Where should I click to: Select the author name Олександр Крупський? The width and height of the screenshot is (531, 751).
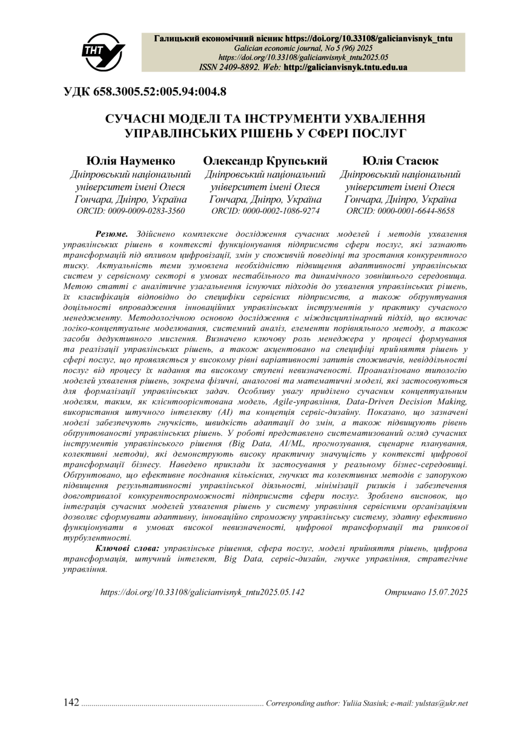(265, 161)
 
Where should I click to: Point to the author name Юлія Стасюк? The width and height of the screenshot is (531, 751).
(401, 161)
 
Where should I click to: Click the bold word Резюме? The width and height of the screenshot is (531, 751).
(112, 233)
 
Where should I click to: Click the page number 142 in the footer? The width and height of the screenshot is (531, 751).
(71, 703)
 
